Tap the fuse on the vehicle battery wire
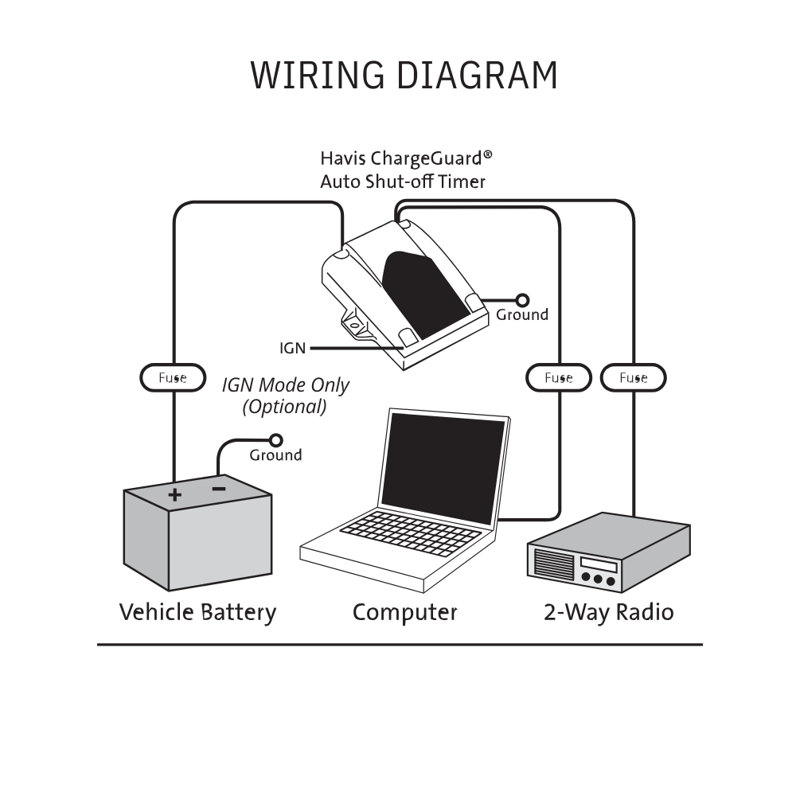pos(173,378)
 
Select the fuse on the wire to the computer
pos(559,378)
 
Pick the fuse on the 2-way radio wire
pos(633,378)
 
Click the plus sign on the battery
pos(174,495)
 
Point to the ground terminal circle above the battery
pos(277,440)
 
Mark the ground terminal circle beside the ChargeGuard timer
pos(522,300)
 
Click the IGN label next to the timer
pos(292,349)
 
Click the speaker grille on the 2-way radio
pos(553,564)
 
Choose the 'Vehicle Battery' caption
pos(197,613)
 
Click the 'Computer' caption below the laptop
pos(404,613)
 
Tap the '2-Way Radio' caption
pos(609,613)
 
